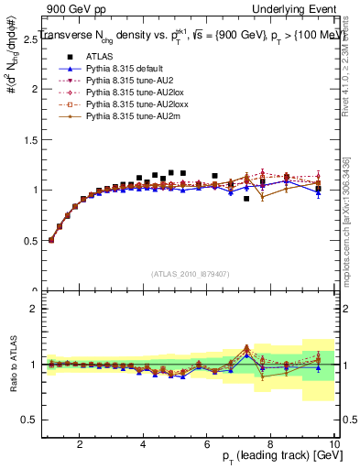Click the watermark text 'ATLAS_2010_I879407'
191,273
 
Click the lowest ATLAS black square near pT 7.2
246,198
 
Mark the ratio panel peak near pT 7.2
246,347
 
